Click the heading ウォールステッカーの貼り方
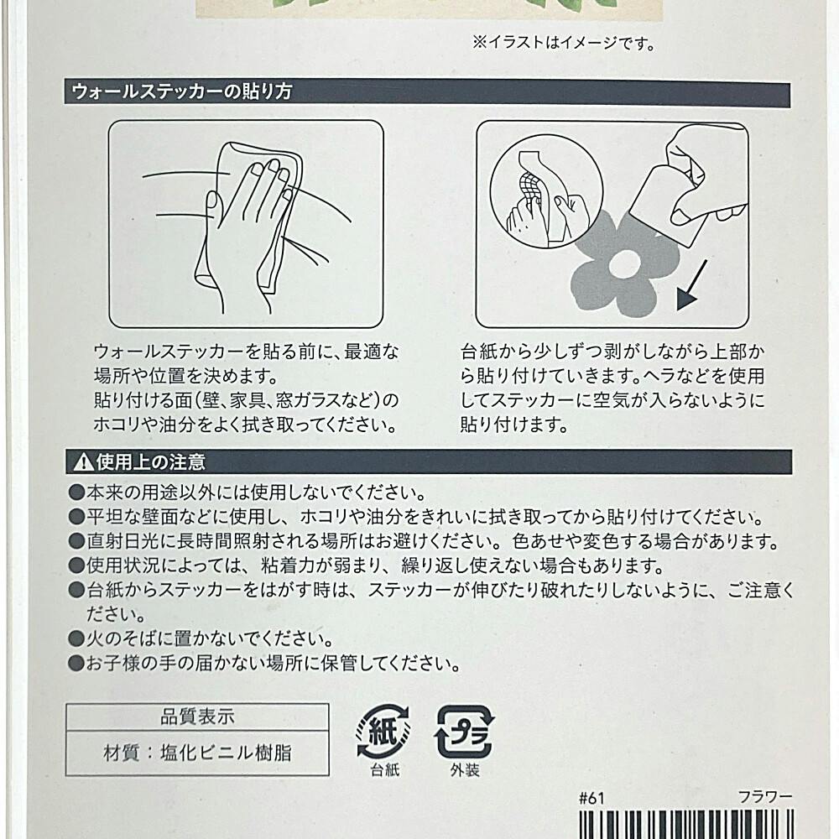point(182,91)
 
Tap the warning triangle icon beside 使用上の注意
point(83,462)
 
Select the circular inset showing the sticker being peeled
point(546,191)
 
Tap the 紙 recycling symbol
point(383,732)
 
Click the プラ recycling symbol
point(464,732)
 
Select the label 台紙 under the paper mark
point(385,770)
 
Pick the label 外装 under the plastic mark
point(465,770)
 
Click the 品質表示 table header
point(197,717)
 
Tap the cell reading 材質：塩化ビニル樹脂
point(197,753)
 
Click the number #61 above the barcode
point(591,799)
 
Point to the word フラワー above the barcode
point(765,797)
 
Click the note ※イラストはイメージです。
point(564,43)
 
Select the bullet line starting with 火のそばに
point(201,638)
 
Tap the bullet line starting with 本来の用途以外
point(248,492)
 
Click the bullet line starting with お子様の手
point(264,664)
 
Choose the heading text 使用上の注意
point(151,462)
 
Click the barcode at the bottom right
point(686,825)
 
